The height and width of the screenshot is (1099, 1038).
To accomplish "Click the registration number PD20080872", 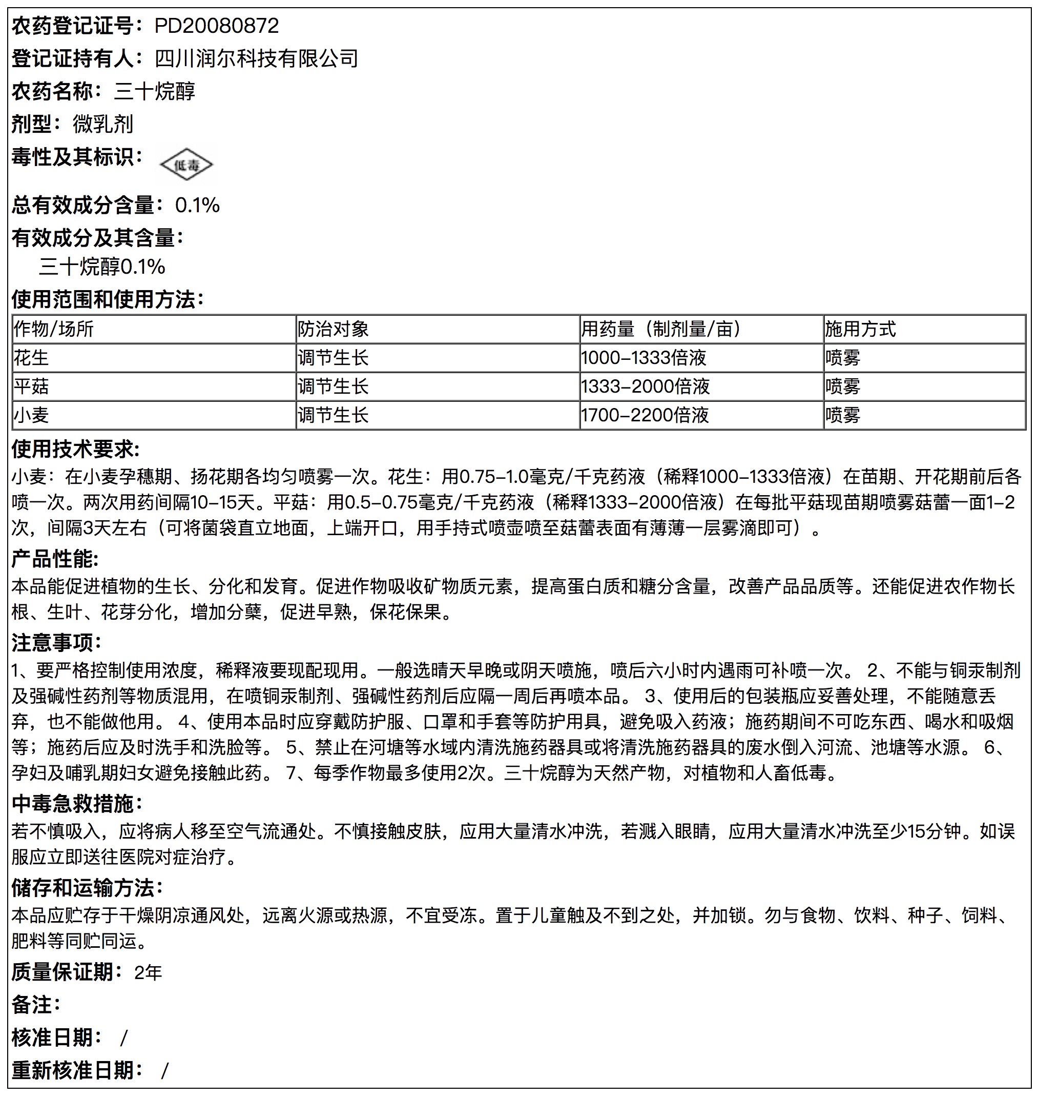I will [216, 26].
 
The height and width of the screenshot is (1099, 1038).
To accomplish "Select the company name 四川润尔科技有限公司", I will [256, 58].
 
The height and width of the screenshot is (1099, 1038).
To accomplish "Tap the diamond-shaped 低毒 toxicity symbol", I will [186, 165].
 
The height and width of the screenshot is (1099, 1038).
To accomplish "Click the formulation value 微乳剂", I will [103, 124].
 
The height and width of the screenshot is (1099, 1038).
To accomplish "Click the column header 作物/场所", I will [54, 330].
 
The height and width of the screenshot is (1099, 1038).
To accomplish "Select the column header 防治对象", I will [333, 330].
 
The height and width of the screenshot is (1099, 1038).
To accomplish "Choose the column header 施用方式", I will [860, 330].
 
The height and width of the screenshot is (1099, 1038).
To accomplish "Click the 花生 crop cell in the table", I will [32, 358].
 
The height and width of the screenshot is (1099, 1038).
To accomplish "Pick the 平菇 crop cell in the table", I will [32, 386].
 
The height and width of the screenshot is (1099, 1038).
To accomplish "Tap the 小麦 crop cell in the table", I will [32, 415].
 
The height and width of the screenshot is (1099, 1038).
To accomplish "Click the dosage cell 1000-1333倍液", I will [643, 358].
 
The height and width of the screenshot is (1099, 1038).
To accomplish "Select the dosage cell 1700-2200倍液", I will [645, 415].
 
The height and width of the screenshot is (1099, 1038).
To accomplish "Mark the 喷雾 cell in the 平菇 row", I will [843, 386].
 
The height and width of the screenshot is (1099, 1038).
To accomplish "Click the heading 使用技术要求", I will [76, 449].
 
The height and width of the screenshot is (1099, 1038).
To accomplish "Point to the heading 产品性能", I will [55, 559].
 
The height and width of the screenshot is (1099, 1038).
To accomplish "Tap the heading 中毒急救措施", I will [77, 804].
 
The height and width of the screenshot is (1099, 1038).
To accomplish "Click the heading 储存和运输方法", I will [88, 888].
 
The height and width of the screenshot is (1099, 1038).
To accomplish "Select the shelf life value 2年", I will [148, 973].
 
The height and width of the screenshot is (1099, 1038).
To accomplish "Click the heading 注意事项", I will [57, 643].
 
